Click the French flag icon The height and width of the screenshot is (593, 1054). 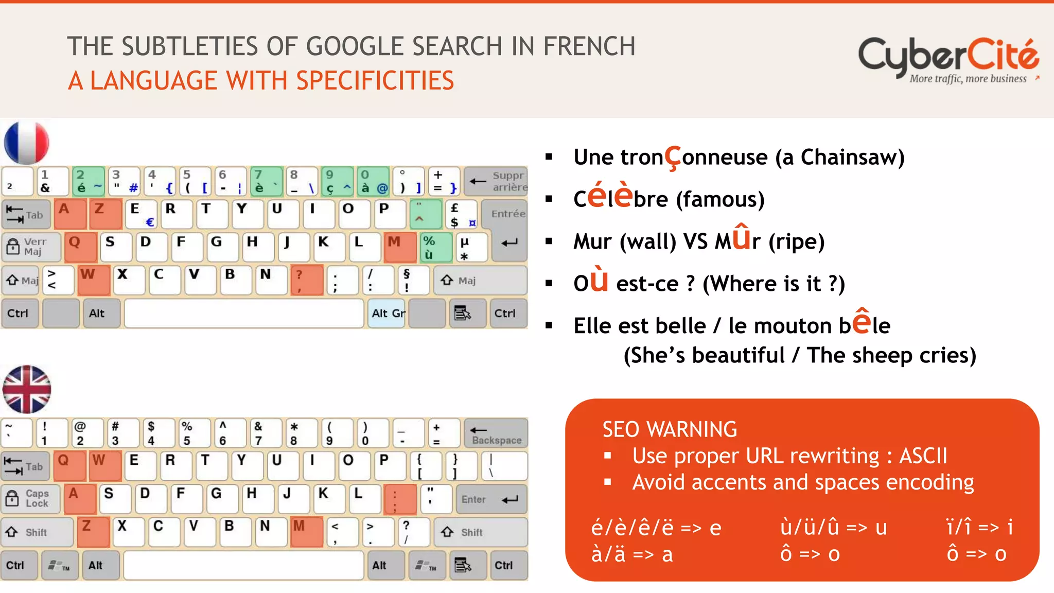27,143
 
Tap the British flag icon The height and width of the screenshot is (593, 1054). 27,390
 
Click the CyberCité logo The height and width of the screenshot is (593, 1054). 948,59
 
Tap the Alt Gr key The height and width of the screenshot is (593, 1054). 388,313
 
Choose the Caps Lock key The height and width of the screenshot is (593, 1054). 31,499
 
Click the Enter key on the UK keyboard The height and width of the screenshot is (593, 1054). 490,499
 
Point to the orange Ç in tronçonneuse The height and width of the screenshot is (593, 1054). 673,158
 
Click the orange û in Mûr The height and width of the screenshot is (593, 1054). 741,238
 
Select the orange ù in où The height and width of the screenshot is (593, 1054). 599,281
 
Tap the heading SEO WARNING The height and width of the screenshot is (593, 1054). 670,429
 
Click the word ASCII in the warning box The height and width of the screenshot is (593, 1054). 923,456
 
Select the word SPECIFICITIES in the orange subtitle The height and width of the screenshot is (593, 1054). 375,81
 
